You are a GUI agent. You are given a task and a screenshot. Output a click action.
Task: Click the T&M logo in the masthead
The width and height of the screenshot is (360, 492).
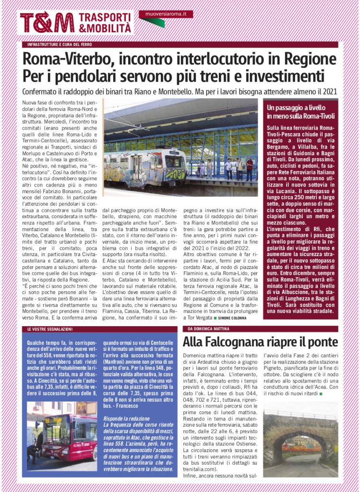click(47, 23)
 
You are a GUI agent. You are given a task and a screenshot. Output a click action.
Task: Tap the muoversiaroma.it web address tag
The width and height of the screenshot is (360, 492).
click(166, 14)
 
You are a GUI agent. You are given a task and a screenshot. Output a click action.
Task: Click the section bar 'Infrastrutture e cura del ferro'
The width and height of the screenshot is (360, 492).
click(60, 45)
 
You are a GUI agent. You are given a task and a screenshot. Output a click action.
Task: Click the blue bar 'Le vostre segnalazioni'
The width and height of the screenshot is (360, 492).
click(50, 329)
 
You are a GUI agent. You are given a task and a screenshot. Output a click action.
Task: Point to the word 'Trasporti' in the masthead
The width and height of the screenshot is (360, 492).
click(105, 17)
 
